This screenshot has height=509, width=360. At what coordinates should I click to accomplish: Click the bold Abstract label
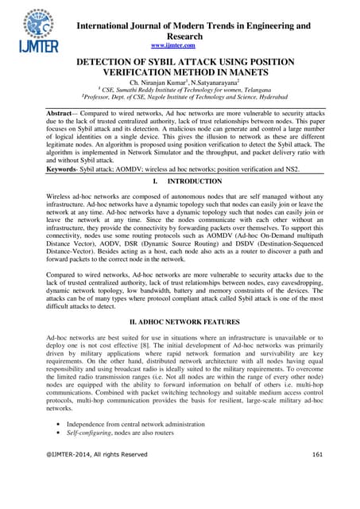[64, 115]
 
